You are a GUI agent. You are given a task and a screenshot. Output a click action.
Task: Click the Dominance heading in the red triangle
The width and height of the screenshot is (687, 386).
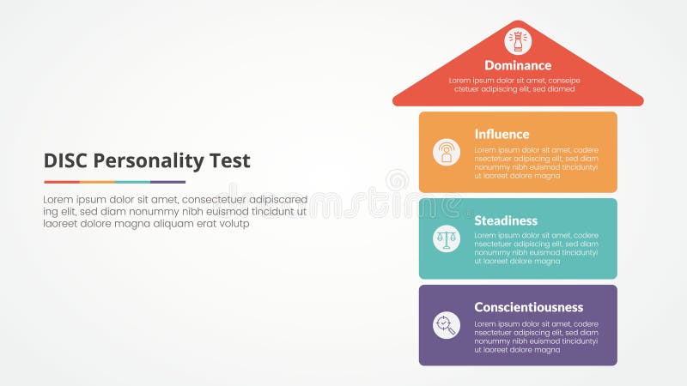click(x=518, y=65)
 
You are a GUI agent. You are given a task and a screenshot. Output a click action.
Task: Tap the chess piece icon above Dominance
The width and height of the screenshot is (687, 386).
click(x=518, y=40)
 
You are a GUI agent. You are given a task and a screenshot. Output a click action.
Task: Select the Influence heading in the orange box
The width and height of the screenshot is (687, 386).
click(x=502, y=134)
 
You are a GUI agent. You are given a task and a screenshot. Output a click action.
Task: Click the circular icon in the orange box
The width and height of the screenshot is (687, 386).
click(x=447, y=152)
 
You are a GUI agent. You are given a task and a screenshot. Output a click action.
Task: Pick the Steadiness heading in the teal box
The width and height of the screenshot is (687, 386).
click(x=506, y=220)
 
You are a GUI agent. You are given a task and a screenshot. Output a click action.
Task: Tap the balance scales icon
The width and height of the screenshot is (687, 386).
click(x=447, y=238)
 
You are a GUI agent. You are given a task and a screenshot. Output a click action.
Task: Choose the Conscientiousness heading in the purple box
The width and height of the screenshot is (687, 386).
click(x=528, y=307)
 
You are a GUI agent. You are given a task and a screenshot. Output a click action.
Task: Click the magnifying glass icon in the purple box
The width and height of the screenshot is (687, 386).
click(x=447, y=325)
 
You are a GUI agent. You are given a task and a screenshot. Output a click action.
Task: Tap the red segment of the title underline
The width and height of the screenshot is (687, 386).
click(x=61, y=182)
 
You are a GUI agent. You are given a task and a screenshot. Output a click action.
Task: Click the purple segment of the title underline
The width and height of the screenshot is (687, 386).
click(x=168, y=182)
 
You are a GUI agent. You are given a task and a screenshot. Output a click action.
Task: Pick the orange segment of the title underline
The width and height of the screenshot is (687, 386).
click(x=97, y=182)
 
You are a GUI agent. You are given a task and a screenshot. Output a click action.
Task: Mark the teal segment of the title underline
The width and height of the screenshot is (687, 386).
click(x=132, y=182)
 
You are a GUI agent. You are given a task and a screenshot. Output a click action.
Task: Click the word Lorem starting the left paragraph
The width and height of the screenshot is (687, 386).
click(x=58, y=199)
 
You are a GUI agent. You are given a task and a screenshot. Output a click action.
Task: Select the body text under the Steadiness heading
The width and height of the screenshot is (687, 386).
click(x=536, y=248)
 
